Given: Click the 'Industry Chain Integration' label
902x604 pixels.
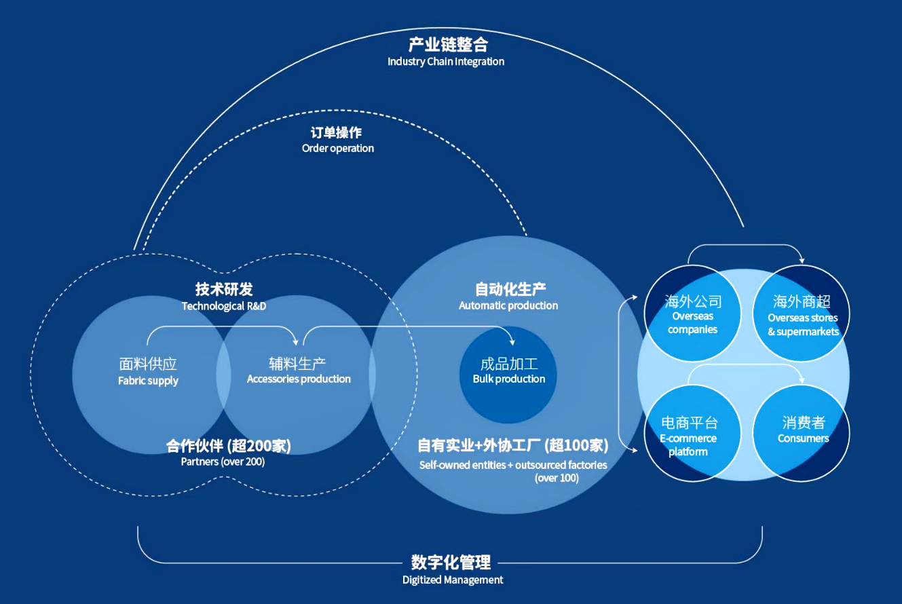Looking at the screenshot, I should [x=446, y=62].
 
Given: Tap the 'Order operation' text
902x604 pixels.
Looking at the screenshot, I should [x=337, y=148].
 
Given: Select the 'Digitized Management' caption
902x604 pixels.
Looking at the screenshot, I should [x=453, y=580].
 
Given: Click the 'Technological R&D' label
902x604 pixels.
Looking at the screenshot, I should [x=224, y=306].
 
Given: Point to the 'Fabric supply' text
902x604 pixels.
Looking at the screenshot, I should [x=148, y=381].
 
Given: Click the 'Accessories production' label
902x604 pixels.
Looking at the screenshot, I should [x=299, y=379].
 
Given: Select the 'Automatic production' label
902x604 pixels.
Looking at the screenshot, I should [x=508, y=305].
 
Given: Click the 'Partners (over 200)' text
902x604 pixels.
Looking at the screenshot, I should [x=223, y=462].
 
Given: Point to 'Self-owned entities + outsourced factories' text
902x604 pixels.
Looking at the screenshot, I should [x=513, y=466].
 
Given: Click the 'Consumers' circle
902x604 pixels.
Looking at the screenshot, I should [x=803, y=430].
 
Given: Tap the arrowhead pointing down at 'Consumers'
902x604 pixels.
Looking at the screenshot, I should [x=802, y=379].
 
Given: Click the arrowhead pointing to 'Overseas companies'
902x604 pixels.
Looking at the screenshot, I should [x=635, y=297].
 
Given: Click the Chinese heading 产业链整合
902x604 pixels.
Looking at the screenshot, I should [x=448, y=45].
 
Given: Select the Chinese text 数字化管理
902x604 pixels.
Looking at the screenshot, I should [x=451, y=562].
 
